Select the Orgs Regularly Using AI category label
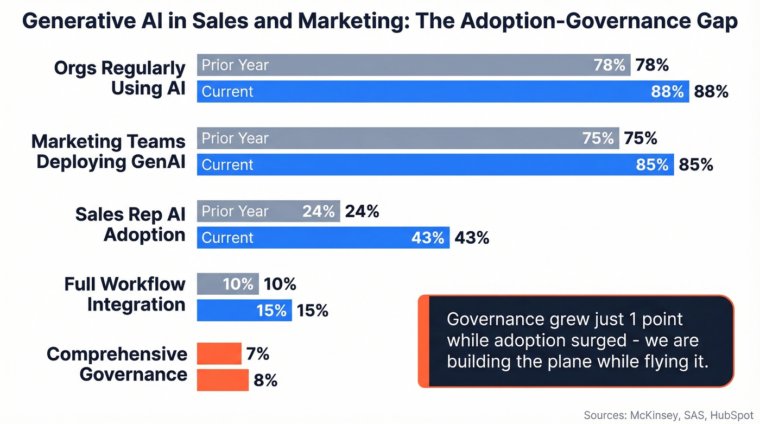[x=119, y=78]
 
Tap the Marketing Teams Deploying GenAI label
[x=108, y=151]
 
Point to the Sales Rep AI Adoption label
[x=130, y=224]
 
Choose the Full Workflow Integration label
[x=125, y=294]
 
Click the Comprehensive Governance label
[x=117, y=364]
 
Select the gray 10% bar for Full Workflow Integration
[x=227, y=284]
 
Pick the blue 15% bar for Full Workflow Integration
[x=244, y=310]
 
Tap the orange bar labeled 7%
[x=219, y=353]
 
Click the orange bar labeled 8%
[x=223, y=380]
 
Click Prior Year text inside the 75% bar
[x=235, y=138]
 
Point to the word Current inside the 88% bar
[x=227, y=92]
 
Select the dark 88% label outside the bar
[x=711, y=92]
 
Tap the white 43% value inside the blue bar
[x=428, y=238]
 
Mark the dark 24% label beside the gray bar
[x=362, y=211]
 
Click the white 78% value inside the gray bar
[x=610, y=65]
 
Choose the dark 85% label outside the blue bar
[x=696, y=164]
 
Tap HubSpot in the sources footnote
[x=730, y=415]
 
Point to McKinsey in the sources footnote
[x=654, y=415]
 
